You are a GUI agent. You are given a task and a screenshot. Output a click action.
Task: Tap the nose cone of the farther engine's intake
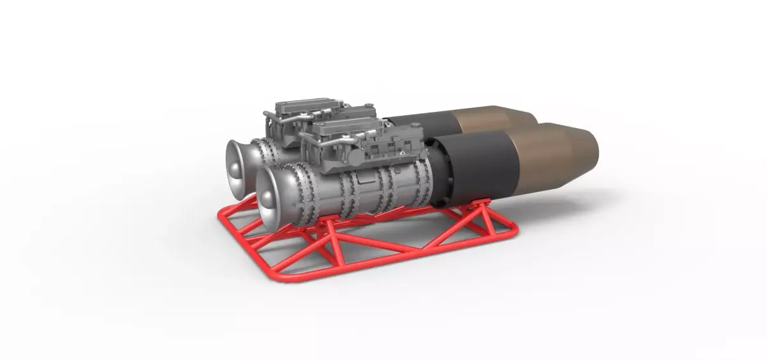(x=234, y=168)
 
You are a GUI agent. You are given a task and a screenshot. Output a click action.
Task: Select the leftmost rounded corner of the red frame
(x=221, y=217)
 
